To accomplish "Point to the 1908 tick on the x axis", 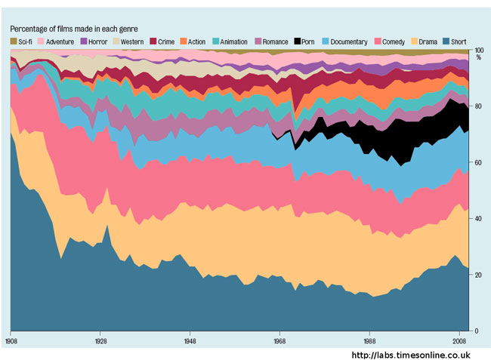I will coord(11,340).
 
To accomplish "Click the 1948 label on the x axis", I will coord(190,340).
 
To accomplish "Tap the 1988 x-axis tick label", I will coord(369,340).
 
